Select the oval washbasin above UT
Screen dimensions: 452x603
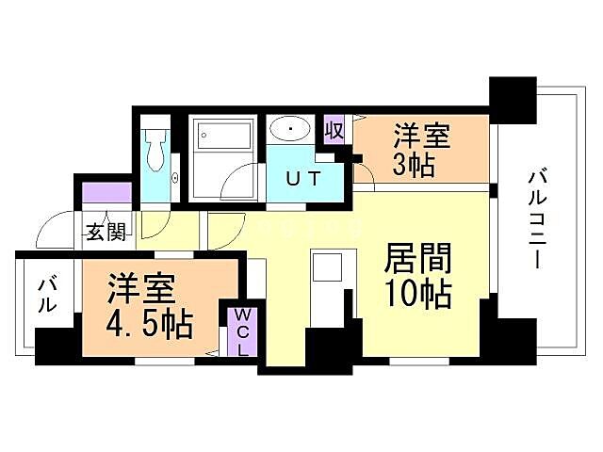click(294, 128)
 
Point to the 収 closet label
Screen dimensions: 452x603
click(334, 127)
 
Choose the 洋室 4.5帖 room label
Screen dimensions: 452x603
click(151, 305)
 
